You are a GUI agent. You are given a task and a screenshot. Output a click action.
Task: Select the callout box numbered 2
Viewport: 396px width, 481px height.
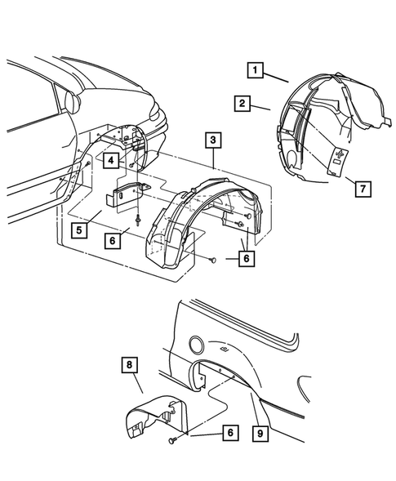point(242,104)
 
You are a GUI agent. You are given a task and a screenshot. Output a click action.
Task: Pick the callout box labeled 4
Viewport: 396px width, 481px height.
point(109,161)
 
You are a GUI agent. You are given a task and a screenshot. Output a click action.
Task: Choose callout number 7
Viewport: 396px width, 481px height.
point(361,189)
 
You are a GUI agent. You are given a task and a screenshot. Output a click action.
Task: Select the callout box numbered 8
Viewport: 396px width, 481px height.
point(129,364)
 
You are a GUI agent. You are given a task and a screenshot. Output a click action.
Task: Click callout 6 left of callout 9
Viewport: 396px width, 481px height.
point(231,433)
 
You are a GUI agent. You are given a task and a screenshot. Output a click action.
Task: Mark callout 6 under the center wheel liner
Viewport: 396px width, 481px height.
point(245,260)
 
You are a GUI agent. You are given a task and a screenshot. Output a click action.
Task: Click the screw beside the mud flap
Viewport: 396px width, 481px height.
point(174,441)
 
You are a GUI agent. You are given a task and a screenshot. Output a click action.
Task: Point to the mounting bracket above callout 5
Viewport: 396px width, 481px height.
point(128,196)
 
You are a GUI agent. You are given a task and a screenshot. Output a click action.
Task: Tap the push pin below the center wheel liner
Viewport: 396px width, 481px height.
point(211,260)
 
